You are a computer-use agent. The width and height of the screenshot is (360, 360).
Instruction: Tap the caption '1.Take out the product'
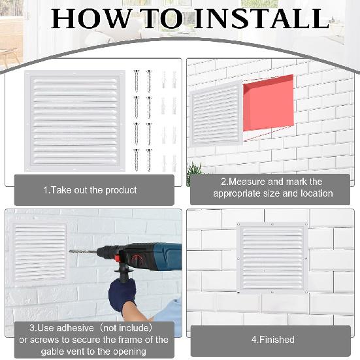coord(90,190)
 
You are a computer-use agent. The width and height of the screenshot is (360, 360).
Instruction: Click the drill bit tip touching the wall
coord(70,250)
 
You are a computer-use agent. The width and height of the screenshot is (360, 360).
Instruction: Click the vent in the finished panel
coord(272,257)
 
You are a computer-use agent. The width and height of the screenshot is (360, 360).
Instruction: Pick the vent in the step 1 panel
coord(74,120)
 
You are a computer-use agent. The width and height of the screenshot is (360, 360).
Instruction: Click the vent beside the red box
coord(216,116)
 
